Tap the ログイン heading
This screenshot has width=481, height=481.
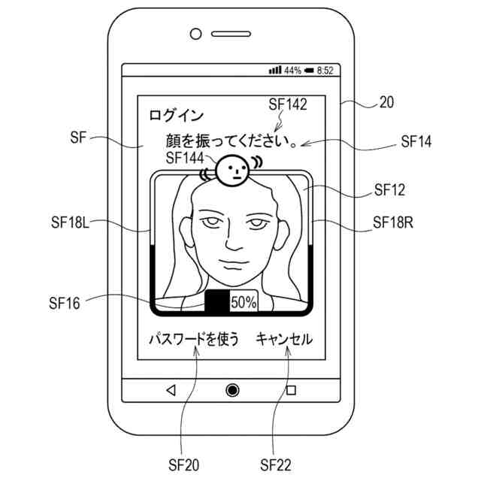click(176, 115)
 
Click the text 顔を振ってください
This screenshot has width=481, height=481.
click(219, 141)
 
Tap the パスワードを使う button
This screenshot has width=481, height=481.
click(194, 340)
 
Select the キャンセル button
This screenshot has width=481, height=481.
click(284, 340)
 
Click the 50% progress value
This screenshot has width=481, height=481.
click(243, 302)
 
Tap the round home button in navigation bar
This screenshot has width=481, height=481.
click(232, 389)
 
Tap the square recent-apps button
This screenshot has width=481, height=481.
click(291, 389)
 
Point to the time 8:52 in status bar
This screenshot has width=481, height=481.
click(325, 71)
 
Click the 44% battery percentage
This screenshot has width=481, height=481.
click(292, 71)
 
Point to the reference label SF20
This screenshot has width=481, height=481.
click(183, 465)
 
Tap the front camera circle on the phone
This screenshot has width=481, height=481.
click(196, 34)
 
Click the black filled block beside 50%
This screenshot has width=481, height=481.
click(216, 302)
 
